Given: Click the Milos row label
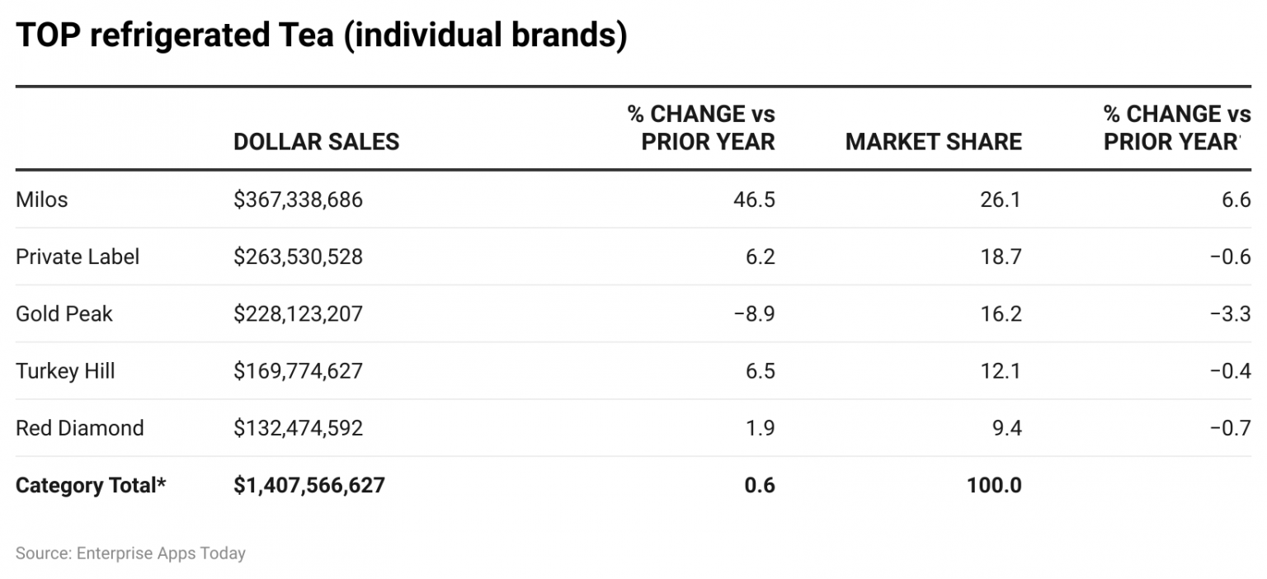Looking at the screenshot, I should point(41,200).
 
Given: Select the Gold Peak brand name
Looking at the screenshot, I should point(64,313).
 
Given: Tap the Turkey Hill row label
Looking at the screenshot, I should point(65,370).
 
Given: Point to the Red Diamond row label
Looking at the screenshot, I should point(79,428).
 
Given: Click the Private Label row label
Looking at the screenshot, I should point(78,257).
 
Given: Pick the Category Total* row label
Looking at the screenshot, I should point(91,485).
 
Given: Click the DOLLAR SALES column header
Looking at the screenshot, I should point(316,142).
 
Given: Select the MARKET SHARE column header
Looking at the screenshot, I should point(933,142).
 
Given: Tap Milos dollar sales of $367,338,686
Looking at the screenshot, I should point(298,200).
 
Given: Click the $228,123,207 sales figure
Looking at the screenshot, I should point(298,313).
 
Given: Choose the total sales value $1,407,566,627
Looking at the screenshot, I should point(309,485).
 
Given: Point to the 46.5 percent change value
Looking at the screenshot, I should point(754,200).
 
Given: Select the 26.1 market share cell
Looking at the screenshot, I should point(1001,200).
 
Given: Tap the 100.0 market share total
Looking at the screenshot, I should point(994,485).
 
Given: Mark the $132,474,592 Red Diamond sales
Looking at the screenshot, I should point(298,428).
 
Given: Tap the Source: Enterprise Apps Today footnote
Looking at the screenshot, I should point(130,553).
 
